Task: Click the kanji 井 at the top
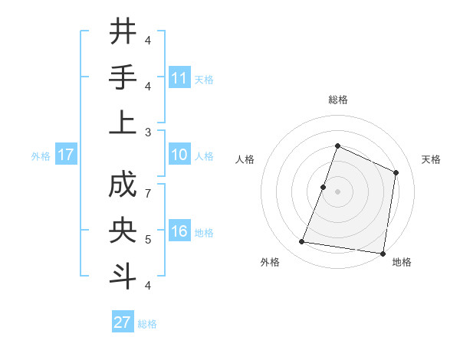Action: click(123, 32)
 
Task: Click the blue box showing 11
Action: click(179, 77)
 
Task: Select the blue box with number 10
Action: click(179, 155)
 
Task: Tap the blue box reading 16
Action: click(179, 231)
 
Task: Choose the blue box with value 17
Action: click(66, 155)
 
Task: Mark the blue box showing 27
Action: click(123, 322)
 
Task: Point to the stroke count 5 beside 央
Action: click(149, 240)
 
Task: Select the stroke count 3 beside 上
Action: click(149, 131)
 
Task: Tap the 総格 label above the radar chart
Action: click(337, 100)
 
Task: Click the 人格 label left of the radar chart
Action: click(245, 159)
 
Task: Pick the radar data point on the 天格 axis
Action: click(396, 172)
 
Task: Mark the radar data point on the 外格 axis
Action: click(302, 242)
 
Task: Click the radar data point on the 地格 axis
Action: click(383, 254)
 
